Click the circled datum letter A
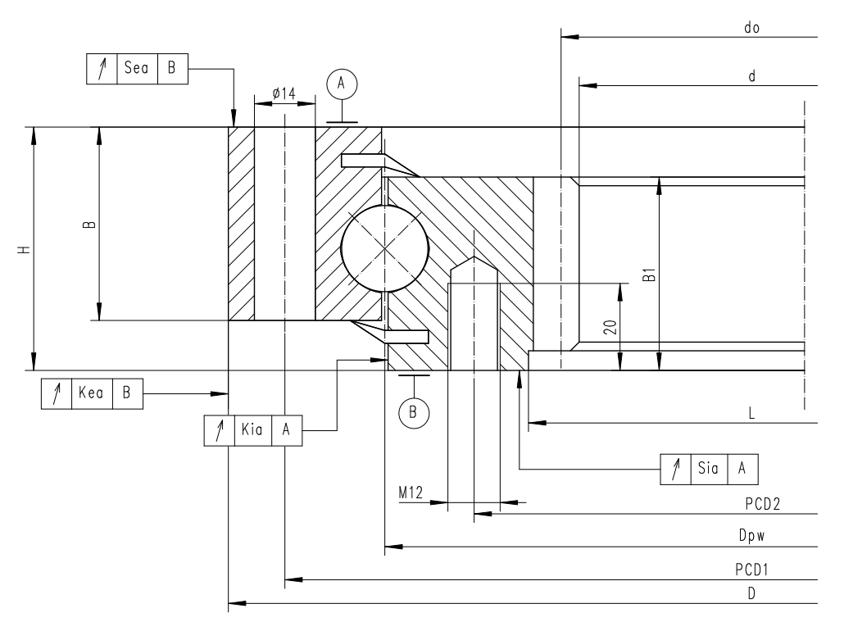tap(343, 82)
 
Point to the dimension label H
tap(25, 248)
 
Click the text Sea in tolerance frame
tap(136, 69)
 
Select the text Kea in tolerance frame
tap(90, 393)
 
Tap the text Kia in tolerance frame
tap(251, 430)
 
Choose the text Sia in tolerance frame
tap(709, 468)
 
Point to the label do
tap(751, 27)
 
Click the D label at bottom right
tap(751, 594)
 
